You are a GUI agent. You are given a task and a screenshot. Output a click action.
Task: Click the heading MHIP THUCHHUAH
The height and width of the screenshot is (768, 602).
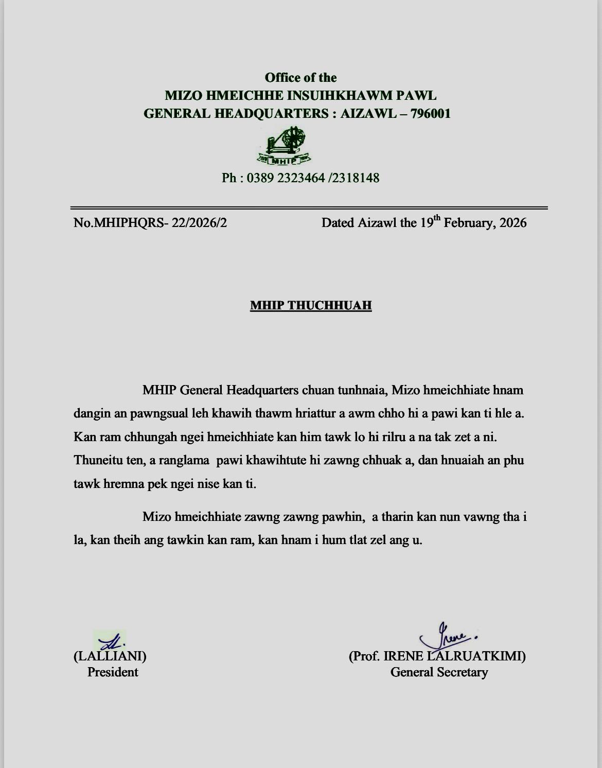311,306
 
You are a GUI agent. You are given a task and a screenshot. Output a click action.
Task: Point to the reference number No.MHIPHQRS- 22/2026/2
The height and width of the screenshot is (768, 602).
150,223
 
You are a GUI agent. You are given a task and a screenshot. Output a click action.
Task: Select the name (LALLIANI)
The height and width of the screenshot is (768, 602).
110,656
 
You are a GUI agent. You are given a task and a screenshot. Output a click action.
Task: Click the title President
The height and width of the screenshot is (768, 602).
113,672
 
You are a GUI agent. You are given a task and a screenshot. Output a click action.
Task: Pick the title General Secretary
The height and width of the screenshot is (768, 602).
439,672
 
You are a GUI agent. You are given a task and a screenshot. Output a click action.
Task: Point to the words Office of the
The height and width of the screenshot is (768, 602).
300,78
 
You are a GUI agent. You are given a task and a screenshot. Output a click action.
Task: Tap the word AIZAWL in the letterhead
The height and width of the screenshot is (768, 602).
367,113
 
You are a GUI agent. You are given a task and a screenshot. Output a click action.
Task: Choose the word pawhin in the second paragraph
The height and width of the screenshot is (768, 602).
343,516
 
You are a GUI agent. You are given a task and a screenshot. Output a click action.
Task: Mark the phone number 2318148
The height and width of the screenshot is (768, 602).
356,178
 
